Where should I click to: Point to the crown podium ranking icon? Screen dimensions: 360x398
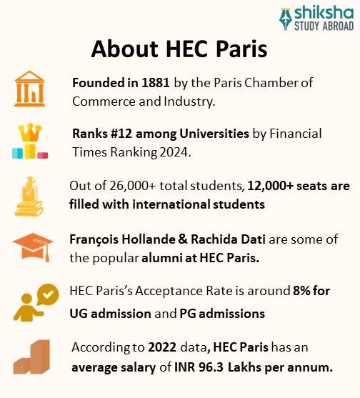tap(29, 141)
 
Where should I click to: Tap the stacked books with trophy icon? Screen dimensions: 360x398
tap(29, 195)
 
